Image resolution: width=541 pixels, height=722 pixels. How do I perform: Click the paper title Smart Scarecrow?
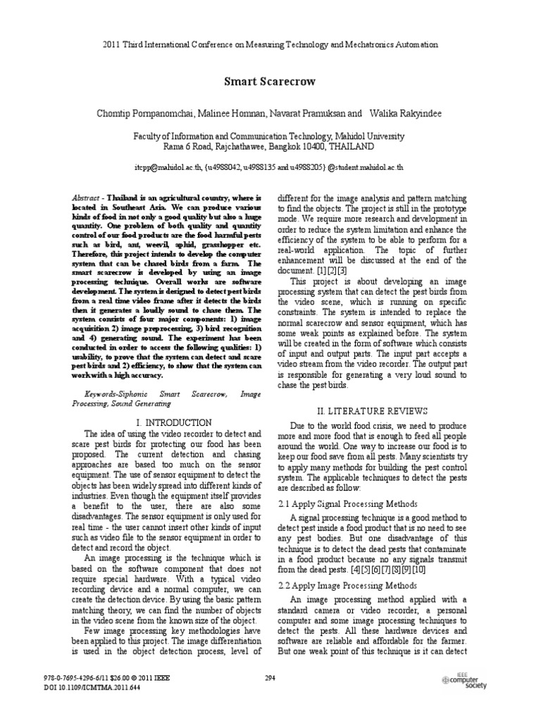click(270, 82)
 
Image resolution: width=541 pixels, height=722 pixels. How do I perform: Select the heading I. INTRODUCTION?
click(167, 422)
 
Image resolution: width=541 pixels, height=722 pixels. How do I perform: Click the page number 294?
click(270, 679)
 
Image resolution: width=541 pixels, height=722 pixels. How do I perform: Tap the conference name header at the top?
click(270, 44)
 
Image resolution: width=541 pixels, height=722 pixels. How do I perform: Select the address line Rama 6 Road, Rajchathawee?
click(270, 147)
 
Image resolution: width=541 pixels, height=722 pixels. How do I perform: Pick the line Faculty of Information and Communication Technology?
click(270, 136)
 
